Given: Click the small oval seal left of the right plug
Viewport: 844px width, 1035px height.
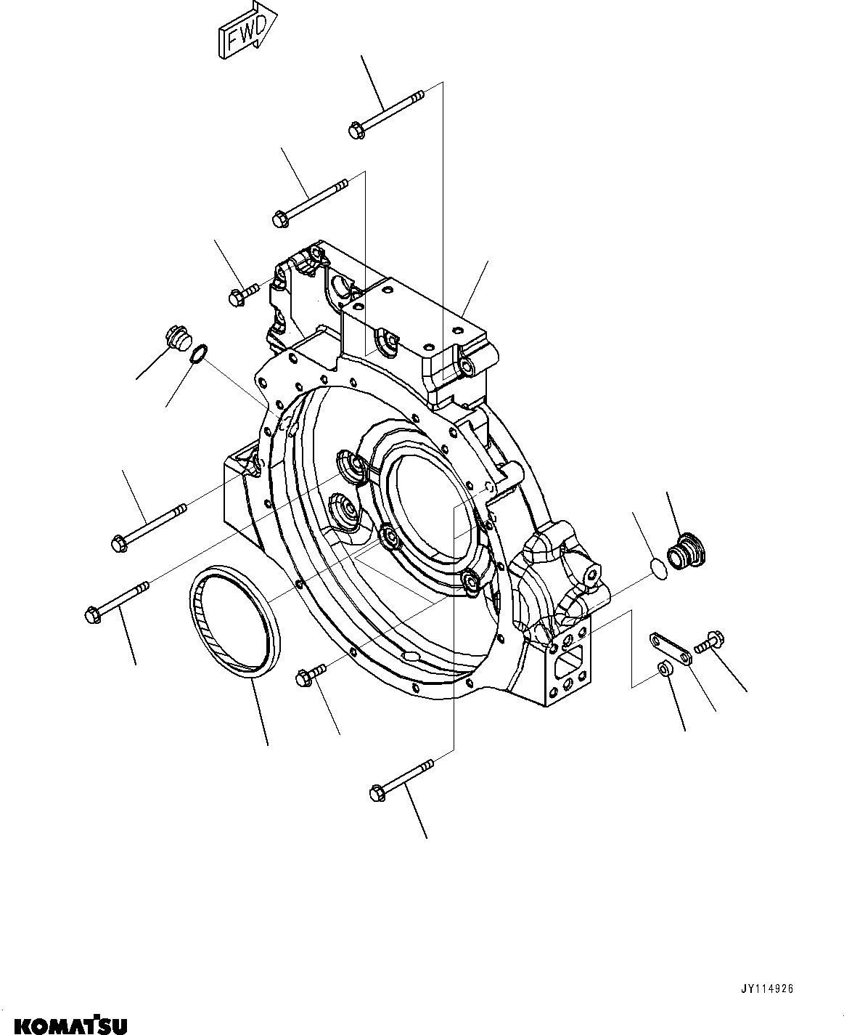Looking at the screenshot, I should [657, 569].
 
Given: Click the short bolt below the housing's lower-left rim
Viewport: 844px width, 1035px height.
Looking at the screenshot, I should [310, 674].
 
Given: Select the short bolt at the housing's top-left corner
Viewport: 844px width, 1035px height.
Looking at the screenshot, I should [242, 293].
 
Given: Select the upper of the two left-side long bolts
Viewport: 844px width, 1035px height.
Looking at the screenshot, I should [149, 524].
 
